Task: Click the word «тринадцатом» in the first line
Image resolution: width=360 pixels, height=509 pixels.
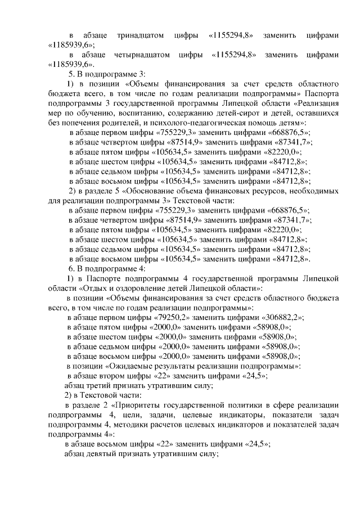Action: click(136, 35)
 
